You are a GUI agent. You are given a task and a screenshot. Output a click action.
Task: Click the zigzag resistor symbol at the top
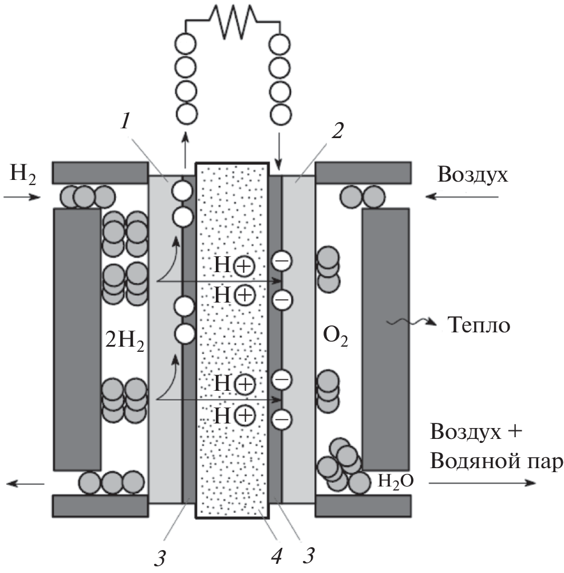click(x=232, y=17)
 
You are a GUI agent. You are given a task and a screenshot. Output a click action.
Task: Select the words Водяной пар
click(x=493, y=461)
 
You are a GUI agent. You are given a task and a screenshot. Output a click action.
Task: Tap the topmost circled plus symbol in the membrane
click(x=244, y=265)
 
